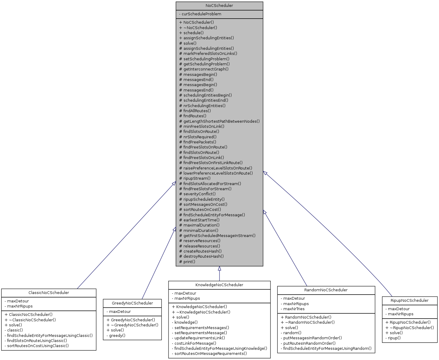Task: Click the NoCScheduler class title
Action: [x=219, y=6]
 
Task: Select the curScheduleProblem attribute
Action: [x=200, y=14]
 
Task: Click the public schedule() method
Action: [x=191, y=33]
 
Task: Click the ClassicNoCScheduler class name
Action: [x=49, y=293]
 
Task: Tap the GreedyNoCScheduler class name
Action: [x=132, y=303]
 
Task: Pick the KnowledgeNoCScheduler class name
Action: [x=219, y=285]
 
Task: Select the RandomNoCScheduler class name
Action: [x=326, y=290]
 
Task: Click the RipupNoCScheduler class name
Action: [x=410, y=301]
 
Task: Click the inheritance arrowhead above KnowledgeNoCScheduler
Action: [x=220, y=268]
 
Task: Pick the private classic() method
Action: [x=14, y=330]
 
